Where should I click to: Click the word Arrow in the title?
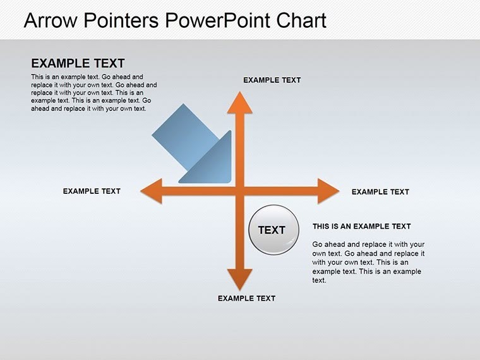click(x=51, y=21)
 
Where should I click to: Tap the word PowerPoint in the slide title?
click(x=218, y=21)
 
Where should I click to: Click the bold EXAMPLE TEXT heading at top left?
click(x=78, y=63)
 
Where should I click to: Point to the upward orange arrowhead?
click(x=239, y=102)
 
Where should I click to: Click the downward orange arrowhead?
click(x=239, y=279)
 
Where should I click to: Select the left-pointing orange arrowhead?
click(x=150, y=191)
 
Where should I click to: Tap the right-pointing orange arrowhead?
click(x=328, y=191)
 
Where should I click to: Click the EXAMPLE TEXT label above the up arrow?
click(x=272, y=80)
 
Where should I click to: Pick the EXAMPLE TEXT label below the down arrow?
click(x=246, y=298)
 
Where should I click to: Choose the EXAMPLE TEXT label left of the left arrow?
click(x=92, y=191)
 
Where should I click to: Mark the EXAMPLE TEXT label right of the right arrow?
click(x=380, y=192)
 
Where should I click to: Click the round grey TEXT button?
click(x=272, y=230)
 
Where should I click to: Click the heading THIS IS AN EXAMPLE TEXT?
click(x=361, y=226)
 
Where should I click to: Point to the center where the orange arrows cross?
click(x=239, y=191)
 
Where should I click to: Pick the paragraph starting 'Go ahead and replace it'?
click(x=368, y=262)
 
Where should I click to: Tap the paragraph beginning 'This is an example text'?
click(x=93, y=92)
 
